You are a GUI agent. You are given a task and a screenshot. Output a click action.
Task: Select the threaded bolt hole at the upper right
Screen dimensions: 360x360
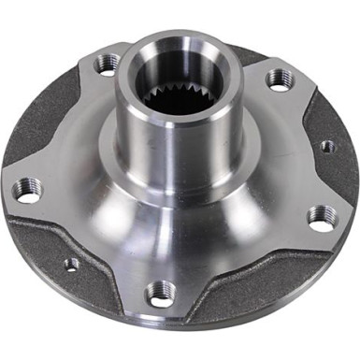[278, 80]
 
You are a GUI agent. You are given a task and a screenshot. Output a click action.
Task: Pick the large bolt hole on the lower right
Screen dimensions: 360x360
[320, 218]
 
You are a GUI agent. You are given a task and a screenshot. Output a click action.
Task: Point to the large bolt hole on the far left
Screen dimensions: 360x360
[28, 192]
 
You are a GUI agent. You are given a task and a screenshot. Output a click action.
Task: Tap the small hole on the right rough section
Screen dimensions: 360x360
[326, 147]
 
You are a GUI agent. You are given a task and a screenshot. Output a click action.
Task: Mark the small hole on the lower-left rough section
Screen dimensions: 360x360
[71, 264]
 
